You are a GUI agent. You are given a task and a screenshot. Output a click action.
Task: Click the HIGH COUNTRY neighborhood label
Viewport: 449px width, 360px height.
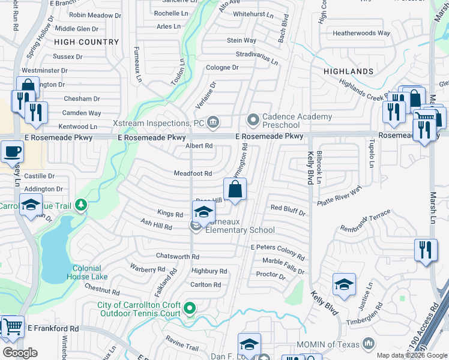tap(86, 42)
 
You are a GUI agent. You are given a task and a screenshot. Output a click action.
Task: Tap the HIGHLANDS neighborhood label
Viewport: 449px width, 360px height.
tap(348, 71)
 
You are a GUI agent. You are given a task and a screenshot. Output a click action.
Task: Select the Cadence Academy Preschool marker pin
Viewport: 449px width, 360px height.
tap(253, 121)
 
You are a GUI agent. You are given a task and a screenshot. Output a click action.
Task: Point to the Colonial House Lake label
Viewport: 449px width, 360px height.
tap(90, 272)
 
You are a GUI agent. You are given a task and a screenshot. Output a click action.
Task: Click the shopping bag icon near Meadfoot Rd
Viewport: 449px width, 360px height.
tap(235, 190)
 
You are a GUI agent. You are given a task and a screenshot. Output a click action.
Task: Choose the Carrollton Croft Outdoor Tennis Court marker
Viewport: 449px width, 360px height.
tap(190, 309)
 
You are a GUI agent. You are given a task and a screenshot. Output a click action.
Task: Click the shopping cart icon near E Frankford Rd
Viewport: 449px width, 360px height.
tap(11, 327)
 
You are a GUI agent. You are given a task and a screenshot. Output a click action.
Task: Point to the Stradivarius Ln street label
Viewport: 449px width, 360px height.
tap(257, 57)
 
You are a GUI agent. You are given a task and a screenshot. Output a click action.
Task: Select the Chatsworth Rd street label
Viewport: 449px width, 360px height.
tap(177, 256)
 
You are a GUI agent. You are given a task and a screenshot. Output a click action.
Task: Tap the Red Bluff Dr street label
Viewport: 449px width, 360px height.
tap(288, 210)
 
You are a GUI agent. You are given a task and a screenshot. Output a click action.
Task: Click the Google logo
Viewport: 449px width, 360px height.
tap(20, 352)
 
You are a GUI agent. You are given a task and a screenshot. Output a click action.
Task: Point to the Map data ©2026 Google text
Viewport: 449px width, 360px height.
tap(412, 355)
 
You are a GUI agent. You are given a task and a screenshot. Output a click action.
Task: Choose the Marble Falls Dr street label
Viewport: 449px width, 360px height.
tap(283, 265)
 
